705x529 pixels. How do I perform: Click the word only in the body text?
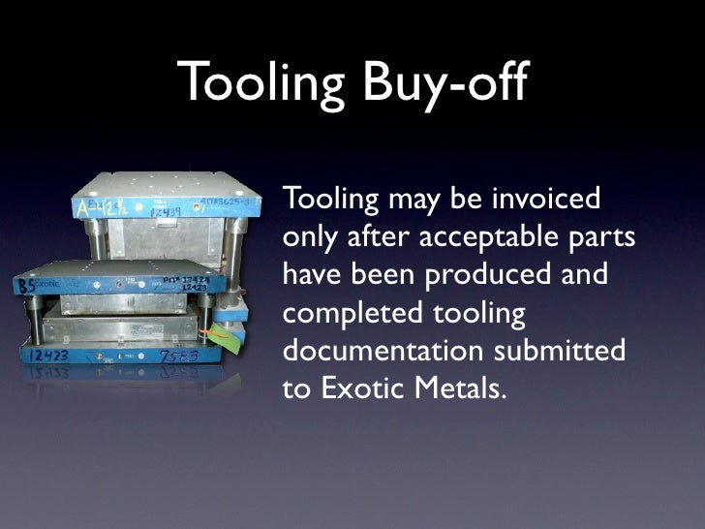point(306,238)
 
